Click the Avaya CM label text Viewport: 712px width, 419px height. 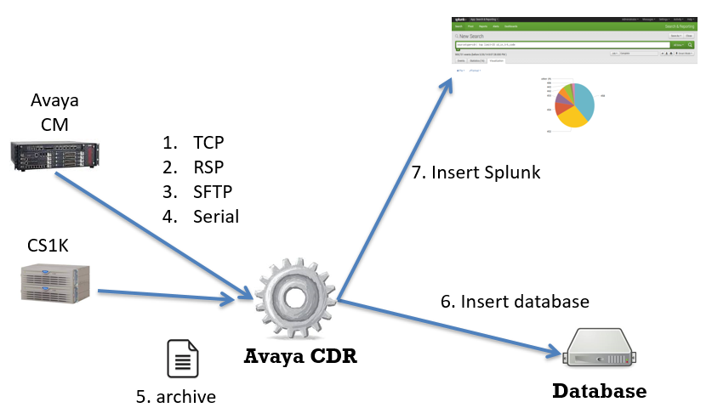tap(54, 111)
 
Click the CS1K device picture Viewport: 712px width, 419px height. tap(55, 283)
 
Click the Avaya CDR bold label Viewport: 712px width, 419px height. tap(299, 358)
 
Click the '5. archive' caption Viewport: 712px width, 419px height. tap(176, 396)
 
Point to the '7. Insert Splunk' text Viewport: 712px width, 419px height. tap(476, 173)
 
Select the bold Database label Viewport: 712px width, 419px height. tap(600, 392)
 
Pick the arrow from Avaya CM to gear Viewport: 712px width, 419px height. tap(153, 235)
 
